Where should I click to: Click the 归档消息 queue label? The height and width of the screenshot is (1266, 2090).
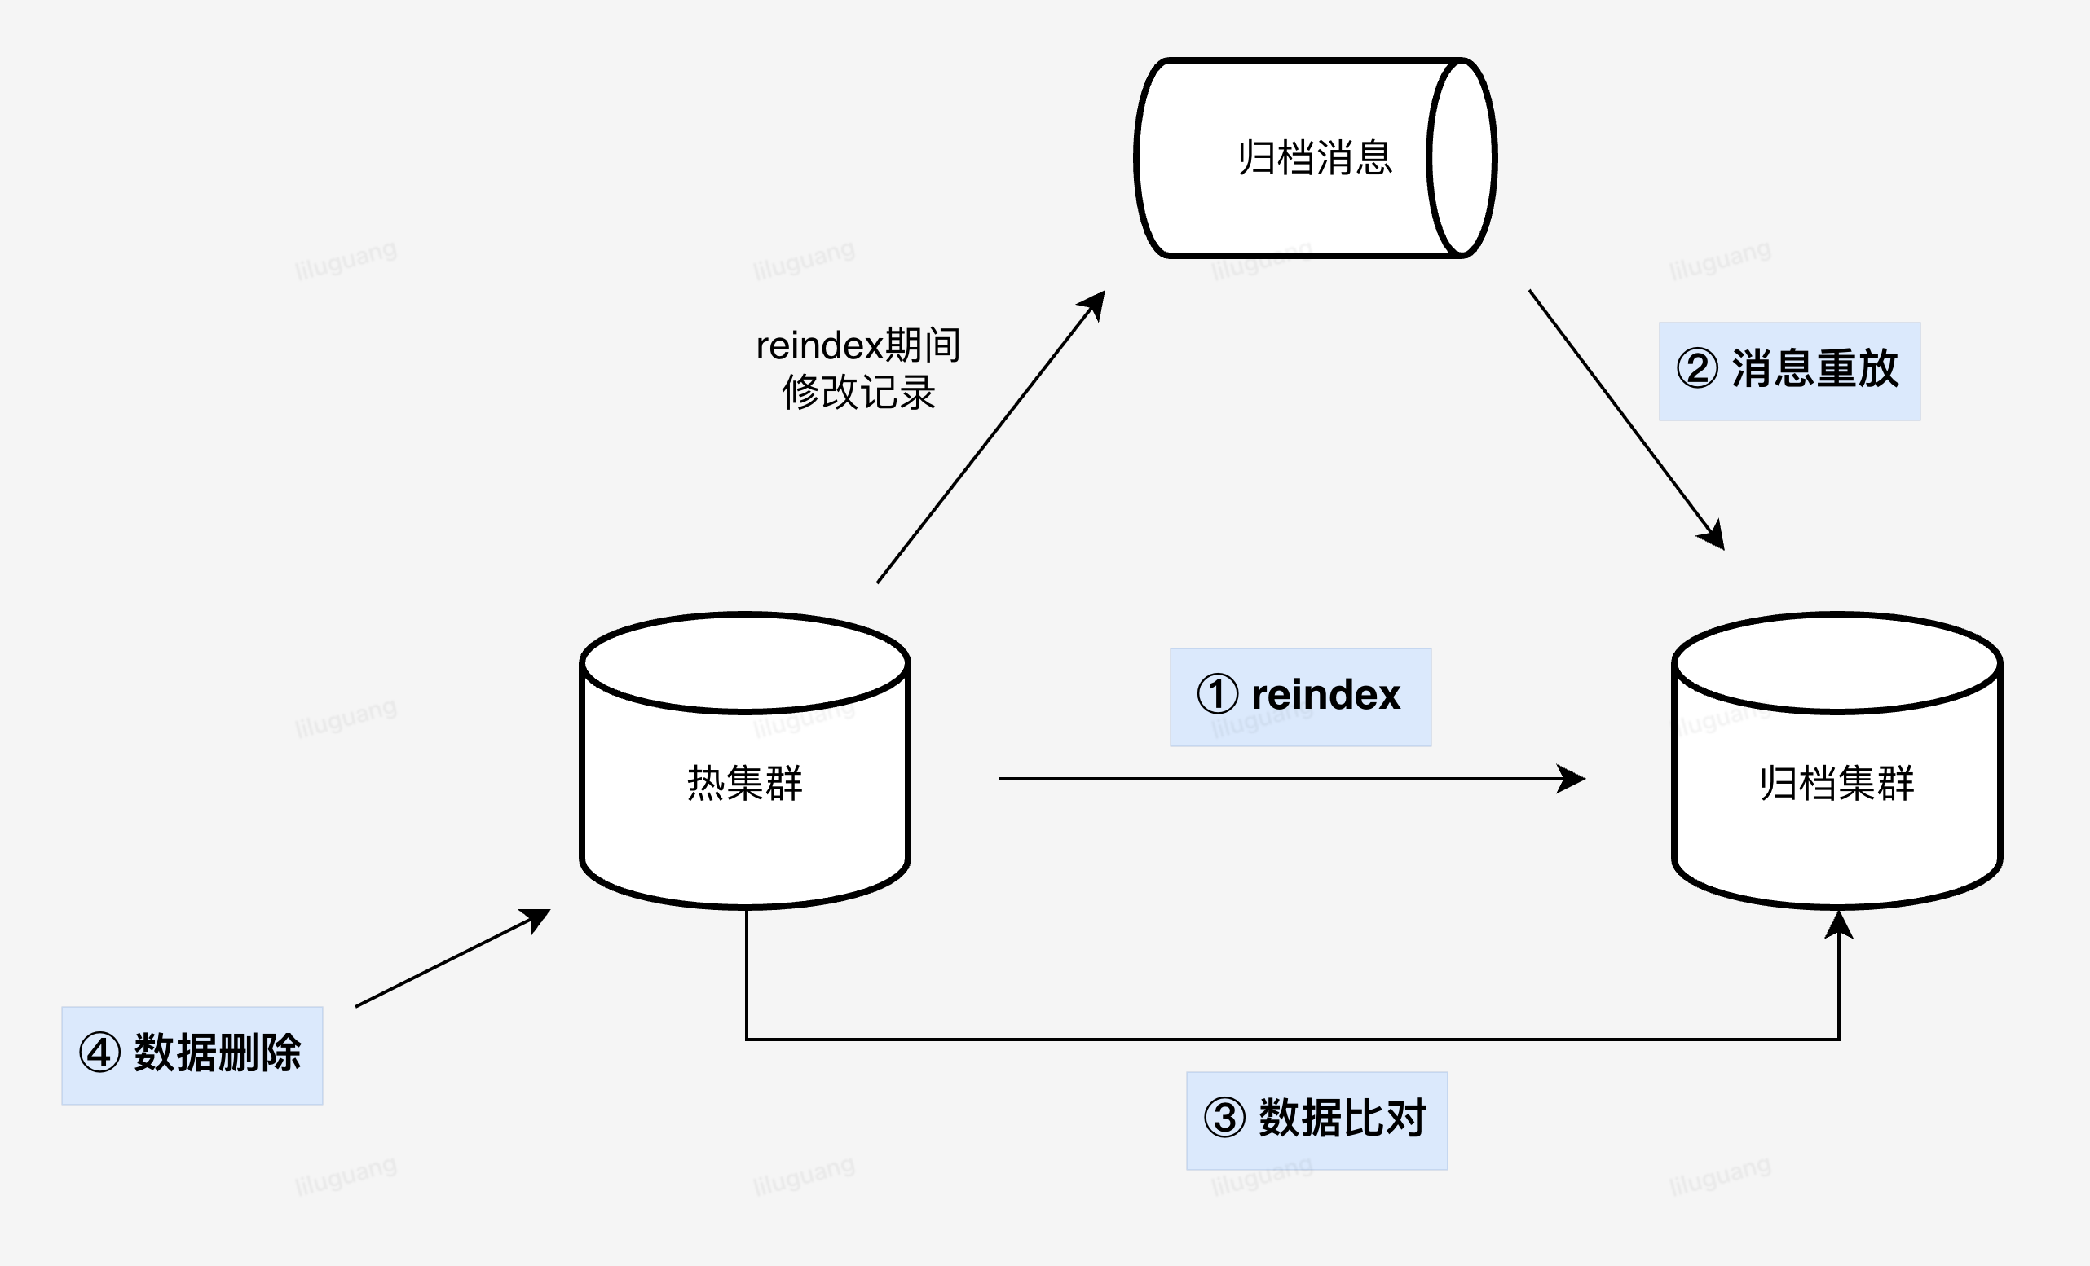tap(1315, 159)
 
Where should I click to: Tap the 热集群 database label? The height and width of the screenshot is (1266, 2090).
tap(745, 783)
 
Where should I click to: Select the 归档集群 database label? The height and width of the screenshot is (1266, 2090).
tap(1836, 783)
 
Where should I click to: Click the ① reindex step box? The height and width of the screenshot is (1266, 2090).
tap(1300, 697)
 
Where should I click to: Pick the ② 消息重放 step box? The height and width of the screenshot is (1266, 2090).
tap(1789, 371)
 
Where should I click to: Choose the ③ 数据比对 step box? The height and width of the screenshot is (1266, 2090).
tap(1316, 1120)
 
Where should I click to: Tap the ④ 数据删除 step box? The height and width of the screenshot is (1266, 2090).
tap(192, 1055)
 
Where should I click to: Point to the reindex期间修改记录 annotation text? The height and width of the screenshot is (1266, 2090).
tap(858, 369)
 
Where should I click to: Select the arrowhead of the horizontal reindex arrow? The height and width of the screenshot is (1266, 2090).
tap(1572, 779)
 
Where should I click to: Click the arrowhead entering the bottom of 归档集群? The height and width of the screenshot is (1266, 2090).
tap(1838, 925)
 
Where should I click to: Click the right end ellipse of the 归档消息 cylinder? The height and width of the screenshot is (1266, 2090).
tap(1462, 158)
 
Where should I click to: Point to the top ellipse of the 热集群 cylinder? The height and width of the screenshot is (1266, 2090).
tap(745, 662)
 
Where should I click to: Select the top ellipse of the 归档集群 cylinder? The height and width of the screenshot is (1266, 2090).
tap(1836, 662)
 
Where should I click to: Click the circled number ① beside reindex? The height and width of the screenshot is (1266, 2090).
tap(1217, 693)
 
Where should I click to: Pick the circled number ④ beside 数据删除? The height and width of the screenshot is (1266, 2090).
tap(99, 1053)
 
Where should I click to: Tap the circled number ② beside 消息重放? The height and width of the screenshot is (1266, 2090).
tap(1697, 368)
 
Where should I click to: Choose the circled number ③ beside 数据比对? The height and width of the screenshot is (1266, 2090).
tap(1224, 1118)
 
